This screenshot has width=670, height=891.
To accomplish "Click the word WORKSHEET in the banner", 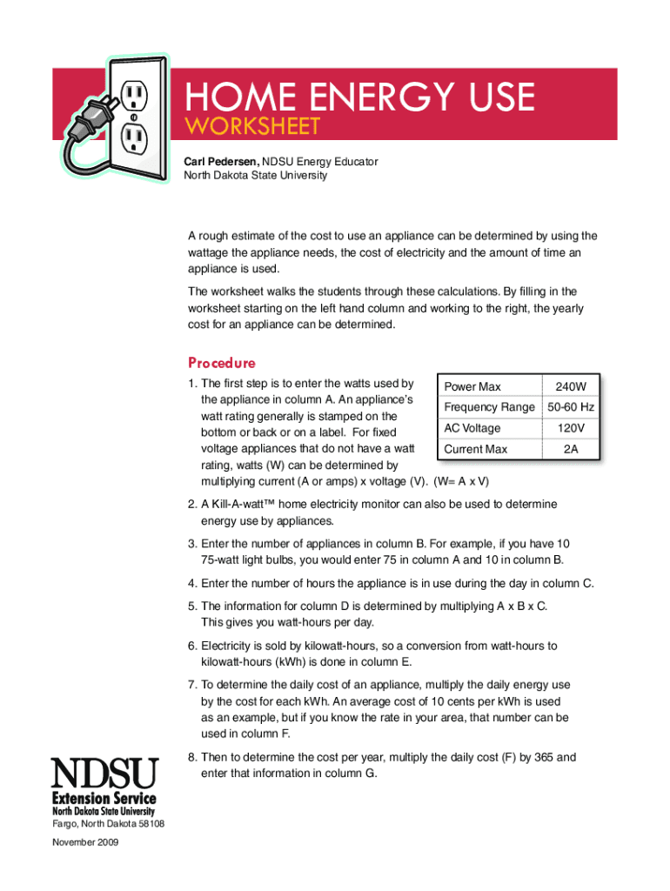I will (251, 126).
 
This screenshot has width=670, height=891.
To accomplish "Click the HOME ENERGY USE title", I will (358, 96).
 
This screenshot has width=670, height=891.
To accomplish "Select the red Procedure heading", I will (222, 363).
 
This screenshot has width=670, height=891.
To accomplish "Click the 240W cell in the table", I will (571, 386).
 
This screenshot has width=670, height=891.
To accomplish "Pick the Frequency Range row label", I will (489, 407).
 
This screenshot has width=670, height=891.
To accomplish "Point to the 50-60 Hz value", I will (571, 407).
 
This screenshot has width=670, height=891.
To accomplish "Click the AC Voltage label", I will (472, 428).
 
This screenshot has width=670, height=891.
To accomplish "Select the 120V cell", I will (571, 428).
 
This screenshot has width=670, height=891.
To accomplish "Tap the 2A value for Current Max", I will (571, 449).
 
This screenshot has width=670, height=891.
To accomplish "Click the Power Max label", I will (472, 386).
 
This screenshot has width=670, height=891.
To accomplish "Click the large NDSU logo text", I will (105, 773).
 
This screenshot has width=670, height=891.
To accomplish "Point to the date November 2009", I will (85, 842).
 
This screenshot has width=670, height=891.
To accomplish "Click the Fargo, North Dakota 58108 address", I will (109, 824).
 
